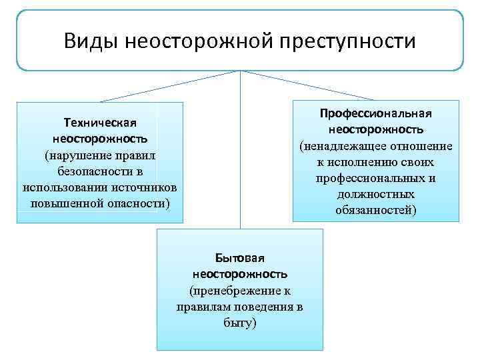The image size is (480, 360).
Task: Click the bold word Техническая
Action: pyautogui.click(x=100, y=123)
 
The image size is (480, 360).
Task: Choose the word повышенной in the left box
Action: pyautogui.click(x=65, y=201)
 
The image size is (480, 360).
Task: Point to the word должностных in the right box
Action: pyautogui.click(x=376, y=195)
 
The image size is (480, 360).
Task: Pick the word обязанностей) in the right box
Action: pyautogui.click(x=376, y=211)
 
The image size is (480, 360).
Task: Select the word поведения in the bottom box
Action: pyautogui.click(x=255, y=307)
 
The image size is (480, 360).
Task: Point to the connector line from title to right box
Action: pyautogui.click(x=307, y=85)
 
